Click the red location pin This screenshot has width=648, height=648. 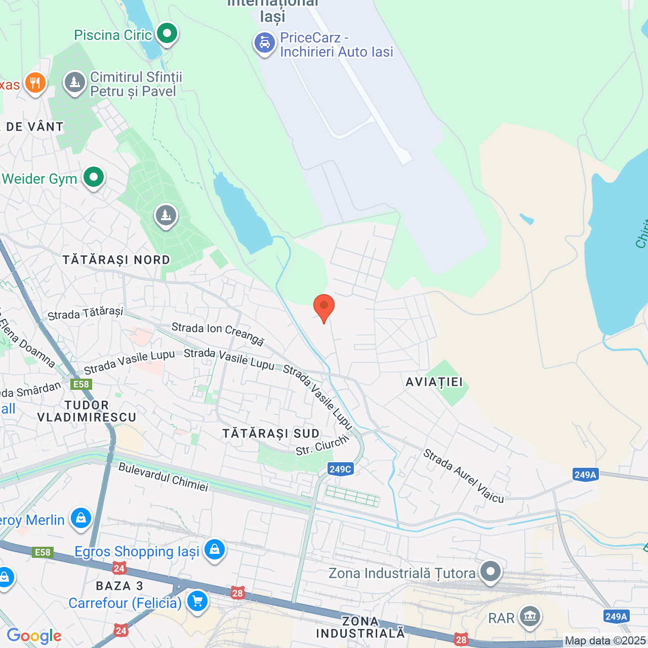point(324,307)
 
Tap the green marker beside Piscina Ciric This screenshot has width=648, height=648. point(167,34)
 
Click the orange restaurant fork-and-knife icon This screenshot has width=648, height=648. point(35,83)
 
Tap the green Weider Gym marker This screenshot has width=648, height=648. point(94,178)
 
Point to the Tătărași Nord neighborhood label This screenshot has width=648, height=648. point(116,260)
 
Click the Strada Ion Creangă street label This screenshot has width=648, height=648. point(218,334)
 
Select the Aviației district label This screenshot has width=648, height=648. point(434,382)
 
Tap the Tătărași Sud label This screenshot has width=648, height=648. point(271,434)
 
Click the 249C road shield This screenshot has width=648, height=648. point(340,469)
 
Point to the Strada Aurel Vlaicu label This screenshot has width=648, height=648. point(464,476)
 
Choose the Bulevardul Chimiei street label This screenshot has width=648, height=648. point(164,476)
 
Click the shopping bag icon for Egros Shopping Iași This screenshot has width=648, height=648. point(215,549)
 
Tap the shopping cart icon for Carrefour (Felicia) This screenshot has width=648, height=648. point(197,601)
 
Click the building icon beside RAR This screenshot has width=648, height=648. point(530,617)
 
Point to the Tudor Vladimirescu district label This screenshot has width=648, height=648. point(87,411)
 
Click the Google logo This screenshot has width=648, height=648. point(34,636)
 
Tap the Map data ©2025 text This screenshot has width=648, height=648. point(605,641)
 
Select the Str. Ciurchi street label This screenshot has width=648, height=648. point(322,445)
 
